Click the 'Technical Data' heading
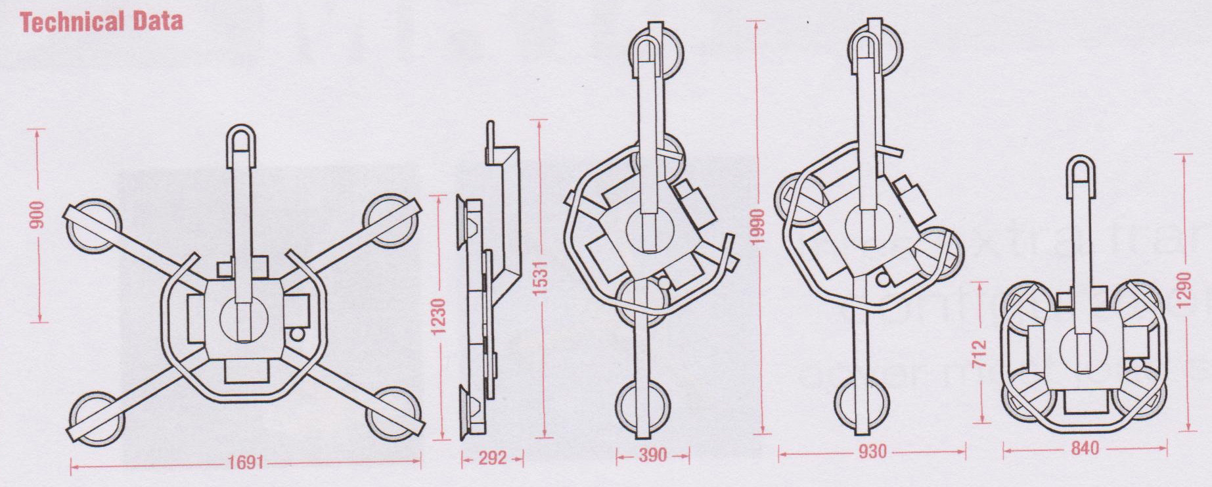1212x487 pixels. click(101, 22)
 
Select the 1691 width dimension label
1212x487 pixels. click(246, 463)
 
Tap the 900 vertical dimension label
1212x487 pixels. click(38, 214)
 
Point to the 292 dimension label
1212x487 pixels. click(492, 458)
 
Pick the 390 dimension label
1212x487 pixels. click(652, 454)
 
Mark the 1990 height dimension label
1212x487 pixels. click(758, 227)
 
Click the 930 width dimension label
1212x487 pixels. click(872, 452)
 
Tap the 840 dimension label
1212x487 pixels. click(1085, 448)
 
